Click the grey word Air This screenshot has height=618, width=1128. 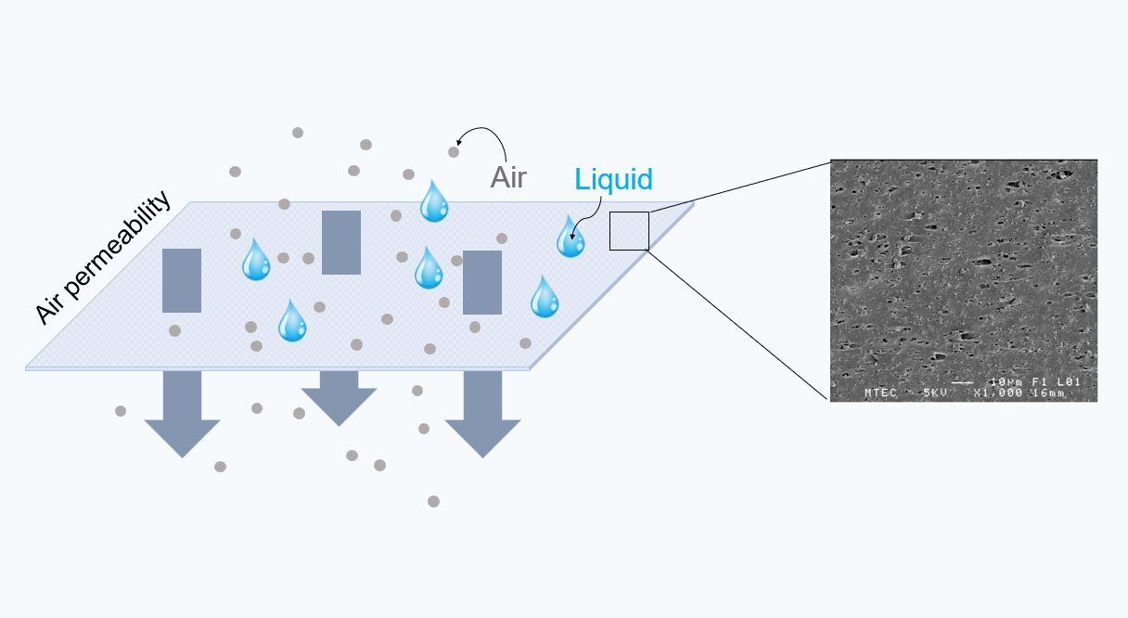pyautogui.click(x=508, y=177)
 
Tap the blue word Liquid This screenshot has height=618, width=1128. pyautogui.click(x=613, y=179)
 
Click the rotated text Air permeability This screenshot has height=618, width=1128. pyautogui.click(x=103, y=257)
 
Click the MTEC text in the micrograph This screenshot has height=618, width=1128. pyautogui.click(x=880, y=393)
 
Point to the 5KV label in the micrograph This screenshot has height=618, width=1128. pyautogui.click(x=935, y=393)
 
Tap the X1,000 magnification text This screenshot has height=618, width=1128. pyautogui.click(x=998, y=393)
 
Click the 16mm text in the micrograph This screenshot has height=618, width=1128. pyautogui.click(x=1049, y=393)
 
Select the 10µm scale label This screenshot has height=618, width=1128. pyautogui.click(x=1007, y=382)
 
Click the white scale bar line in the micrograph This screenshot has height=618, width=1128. pyautogui.click(x=962, y=383)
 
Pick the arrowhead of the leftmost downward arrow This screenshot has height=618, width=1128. pyautogui.click(x=183, y=439)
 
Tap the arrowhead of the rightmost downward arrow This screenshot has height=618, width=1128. pyautogui.click(x=482, y=439)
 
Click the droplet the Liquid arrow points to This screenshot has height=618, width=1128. pyautogui.click(x=570, y=238)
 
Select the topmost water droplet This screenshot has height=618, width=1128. pyautogui.click(x=434, y=202)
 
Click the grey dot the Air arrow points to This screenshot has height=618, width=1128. pyautogui.click(x=454, y=151)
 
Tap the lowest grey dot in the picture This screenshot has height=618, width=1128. pyautogui.click(x=433, y=501)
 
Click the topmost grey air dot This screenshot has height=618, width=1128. pyautogui.click(x=298, y=133)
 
